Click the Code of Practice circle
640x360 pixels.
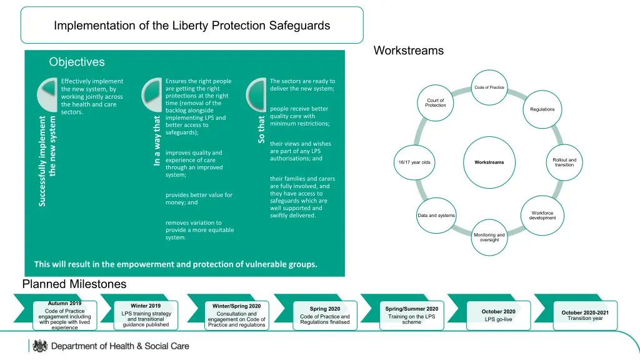tap(489, 87)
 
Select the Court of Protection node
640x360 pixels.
tap(436, 103)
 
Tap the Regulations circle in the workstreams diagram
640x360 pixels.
tap(542, 109)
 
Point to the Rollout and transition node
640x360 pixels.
tap(564, 162)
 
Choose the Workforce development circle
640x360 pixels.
tap(542, 216)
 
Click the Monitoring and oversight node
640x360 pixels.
tap(489, 237)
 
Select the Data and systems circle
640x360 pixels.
tap(436, 216)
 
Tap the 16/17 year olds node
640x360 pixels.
tap(414, 162)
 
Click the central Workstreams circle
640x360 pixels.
tap(489, 162)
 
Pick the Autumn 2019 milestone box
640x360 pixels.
tap(65, 316)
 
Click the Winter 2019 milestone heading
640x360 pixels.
tap(146, 306)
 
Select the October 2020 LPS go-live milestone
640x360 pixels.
tap(498, 316)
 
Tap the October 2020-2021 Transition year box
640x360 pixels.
tap(585, 316)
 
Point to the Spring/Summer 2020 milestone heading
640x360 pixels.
tap(411, 309)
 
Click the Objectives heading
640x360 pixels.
tap(77, 62)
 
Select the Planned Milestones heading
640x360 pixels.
tap(74, 284)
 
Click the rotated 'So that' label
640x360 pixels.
tap(261, 129)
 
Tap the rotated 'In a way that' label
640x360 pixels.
tap(157, 141)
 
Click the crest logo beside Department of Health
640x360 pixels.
tap(40, 346)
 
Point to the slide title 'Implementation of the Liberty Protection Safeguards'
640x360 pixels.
tap(192, 26)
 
